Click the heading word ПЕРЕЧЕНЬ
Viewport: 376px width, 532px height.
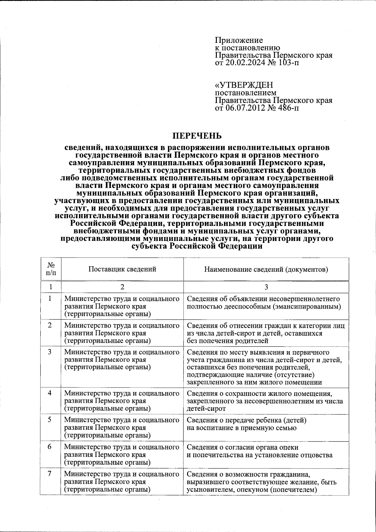pos(198,136)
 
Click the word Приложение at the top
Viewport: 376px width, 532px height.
pos(239,40)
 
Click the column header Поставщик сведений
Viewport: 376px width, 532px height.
pos(122,269)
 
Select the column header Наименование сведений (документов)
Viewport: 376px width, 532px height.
pos(266,269)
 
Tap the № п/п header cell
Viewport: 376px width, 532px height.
pos(50,269)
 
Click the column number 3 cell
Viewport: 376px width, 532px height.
pos(266,287)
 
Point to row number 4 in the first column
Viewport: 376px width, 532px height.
pos(50,393)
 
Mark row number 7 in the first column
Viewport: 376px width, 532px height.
pos(50,474)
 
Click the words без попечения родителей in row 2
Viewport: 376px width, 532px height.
pos(228,340)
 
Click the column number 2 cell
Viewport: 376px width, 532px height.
pos(122,287)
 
